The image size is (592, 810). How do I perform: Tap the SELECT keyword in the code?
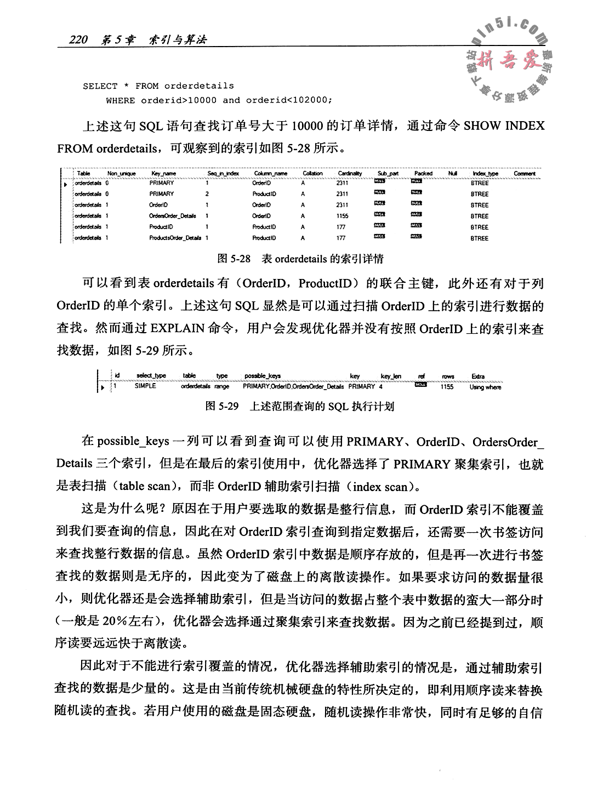(x=100, y=86)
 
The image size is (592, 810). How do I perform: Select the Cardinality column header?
(x=350, y=173)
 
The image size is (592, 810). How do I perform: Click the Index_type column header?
(x=485, y=173)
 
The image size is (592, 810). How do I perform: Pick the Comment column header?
(x=525, y=173)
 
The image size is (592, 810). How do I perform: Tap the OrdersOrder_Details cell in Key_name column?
(x=173, y=216)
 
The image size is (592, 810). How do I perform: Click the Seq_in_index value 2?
(x=207, y=194)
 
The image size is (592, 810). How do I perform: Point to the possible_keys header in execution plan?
(x=263, y=376)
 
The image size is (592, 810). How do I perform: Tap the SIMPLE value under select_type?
(x=145, y=386)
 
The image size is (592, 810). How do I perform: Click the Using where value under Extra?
(x=485, y=386)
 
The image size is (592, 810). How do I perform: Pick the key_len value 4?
(x=380, y=386)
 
